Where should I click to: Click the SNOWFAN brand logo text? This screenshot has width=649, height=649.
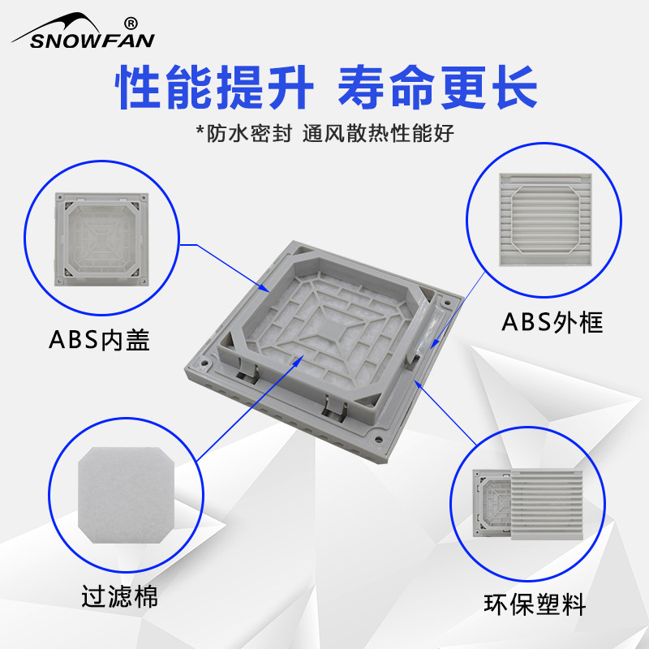[92, 41]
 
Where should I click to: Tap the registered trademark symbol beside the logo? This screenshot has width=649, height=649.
[131, 24]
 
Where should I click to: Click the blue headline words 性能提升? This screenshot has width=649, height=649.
[214, 87]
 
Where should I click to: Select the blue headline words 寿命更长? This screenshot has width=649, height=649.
[437, 87]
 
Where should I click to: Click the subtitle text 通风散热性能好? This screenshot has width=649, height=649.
[378, 133]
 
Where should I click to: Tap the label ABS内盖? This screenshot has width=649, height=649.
[99, 340]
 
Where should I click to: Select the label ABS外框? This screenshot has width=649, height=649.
[552, 322]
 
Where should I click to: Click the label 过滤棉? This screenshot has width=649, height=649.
[119, 596]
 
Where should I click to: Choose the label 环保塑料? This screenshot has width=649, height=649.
[535, 604]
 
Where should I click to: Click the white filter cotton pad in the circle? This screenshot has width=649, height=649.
[127, 495]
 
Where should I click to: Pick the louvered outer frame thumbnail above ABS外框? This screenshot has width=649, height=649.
[545, 219]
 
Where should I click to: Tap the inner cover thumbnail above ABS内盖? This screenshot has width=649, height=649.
[102, 239]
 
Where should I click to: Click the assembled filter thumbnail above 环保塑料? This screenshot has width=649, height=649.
[528, 504]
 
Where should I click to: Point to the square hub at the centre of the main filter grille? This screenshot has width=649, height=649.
[336, 330]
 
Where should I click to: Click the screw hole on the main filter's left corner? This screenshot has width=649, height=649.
[204, 363]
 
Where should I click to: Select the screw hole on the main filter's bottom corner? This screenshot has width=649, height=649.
[378, 438]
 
